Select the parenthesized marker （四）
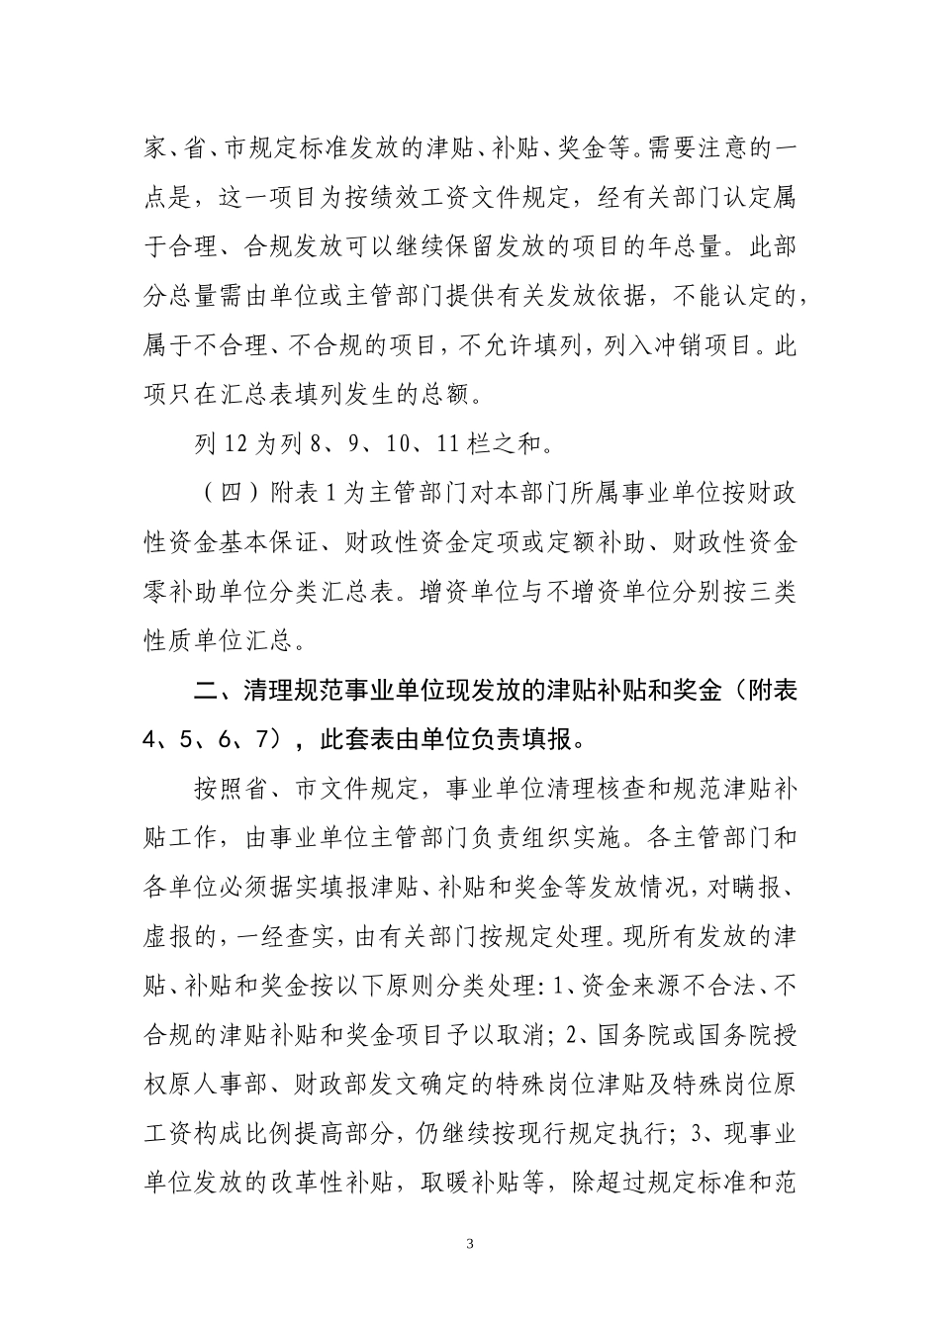pos(224,495)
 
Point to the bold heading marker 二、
pos(212,692)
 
